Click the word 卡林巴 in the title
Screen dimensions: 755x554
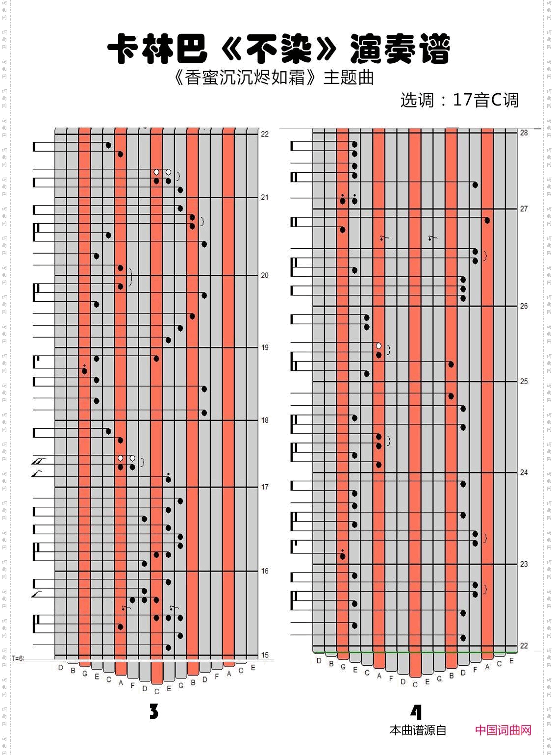(x=157, y=49)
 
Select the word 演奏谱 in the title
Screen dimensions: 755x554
(x=400, y=49)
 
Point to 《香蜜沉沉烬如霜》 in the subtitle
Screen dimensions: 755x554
(x=245, y=78)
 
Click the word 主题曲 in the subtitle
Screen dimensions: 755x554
(x=349, y=78)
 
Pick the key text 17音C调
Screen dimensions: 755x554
(x=485, y=100)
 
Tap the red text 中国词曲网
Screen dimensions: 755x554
(x=503, y=730)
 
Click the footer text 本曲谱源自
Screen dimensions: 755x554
(x=418, y=730)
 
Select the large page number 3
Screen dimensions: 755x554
(x=154, y=711)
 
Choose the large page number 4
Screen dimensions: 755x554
(x=416, y=712)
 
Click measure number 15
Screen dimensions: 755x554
(x=265, y=655)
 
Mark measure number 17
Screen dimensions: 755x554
(x=265, y=487)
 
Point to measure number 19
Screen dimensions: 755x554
(x=265, y=348)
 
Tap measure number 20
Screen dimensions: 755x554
(x=265, y=276)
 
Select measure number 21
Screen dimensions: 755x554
(x=265, y=197)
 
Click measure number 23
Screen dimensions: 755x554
(x=524, y=564)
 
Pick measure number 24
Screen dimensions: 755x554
(x=524, y=472)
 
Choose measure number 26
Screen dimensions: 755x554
(x=524, y=306)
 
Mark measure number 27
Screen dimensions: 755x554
(x=524, y=209)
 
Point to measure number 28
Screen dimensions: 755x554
(x=524, y=133)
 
